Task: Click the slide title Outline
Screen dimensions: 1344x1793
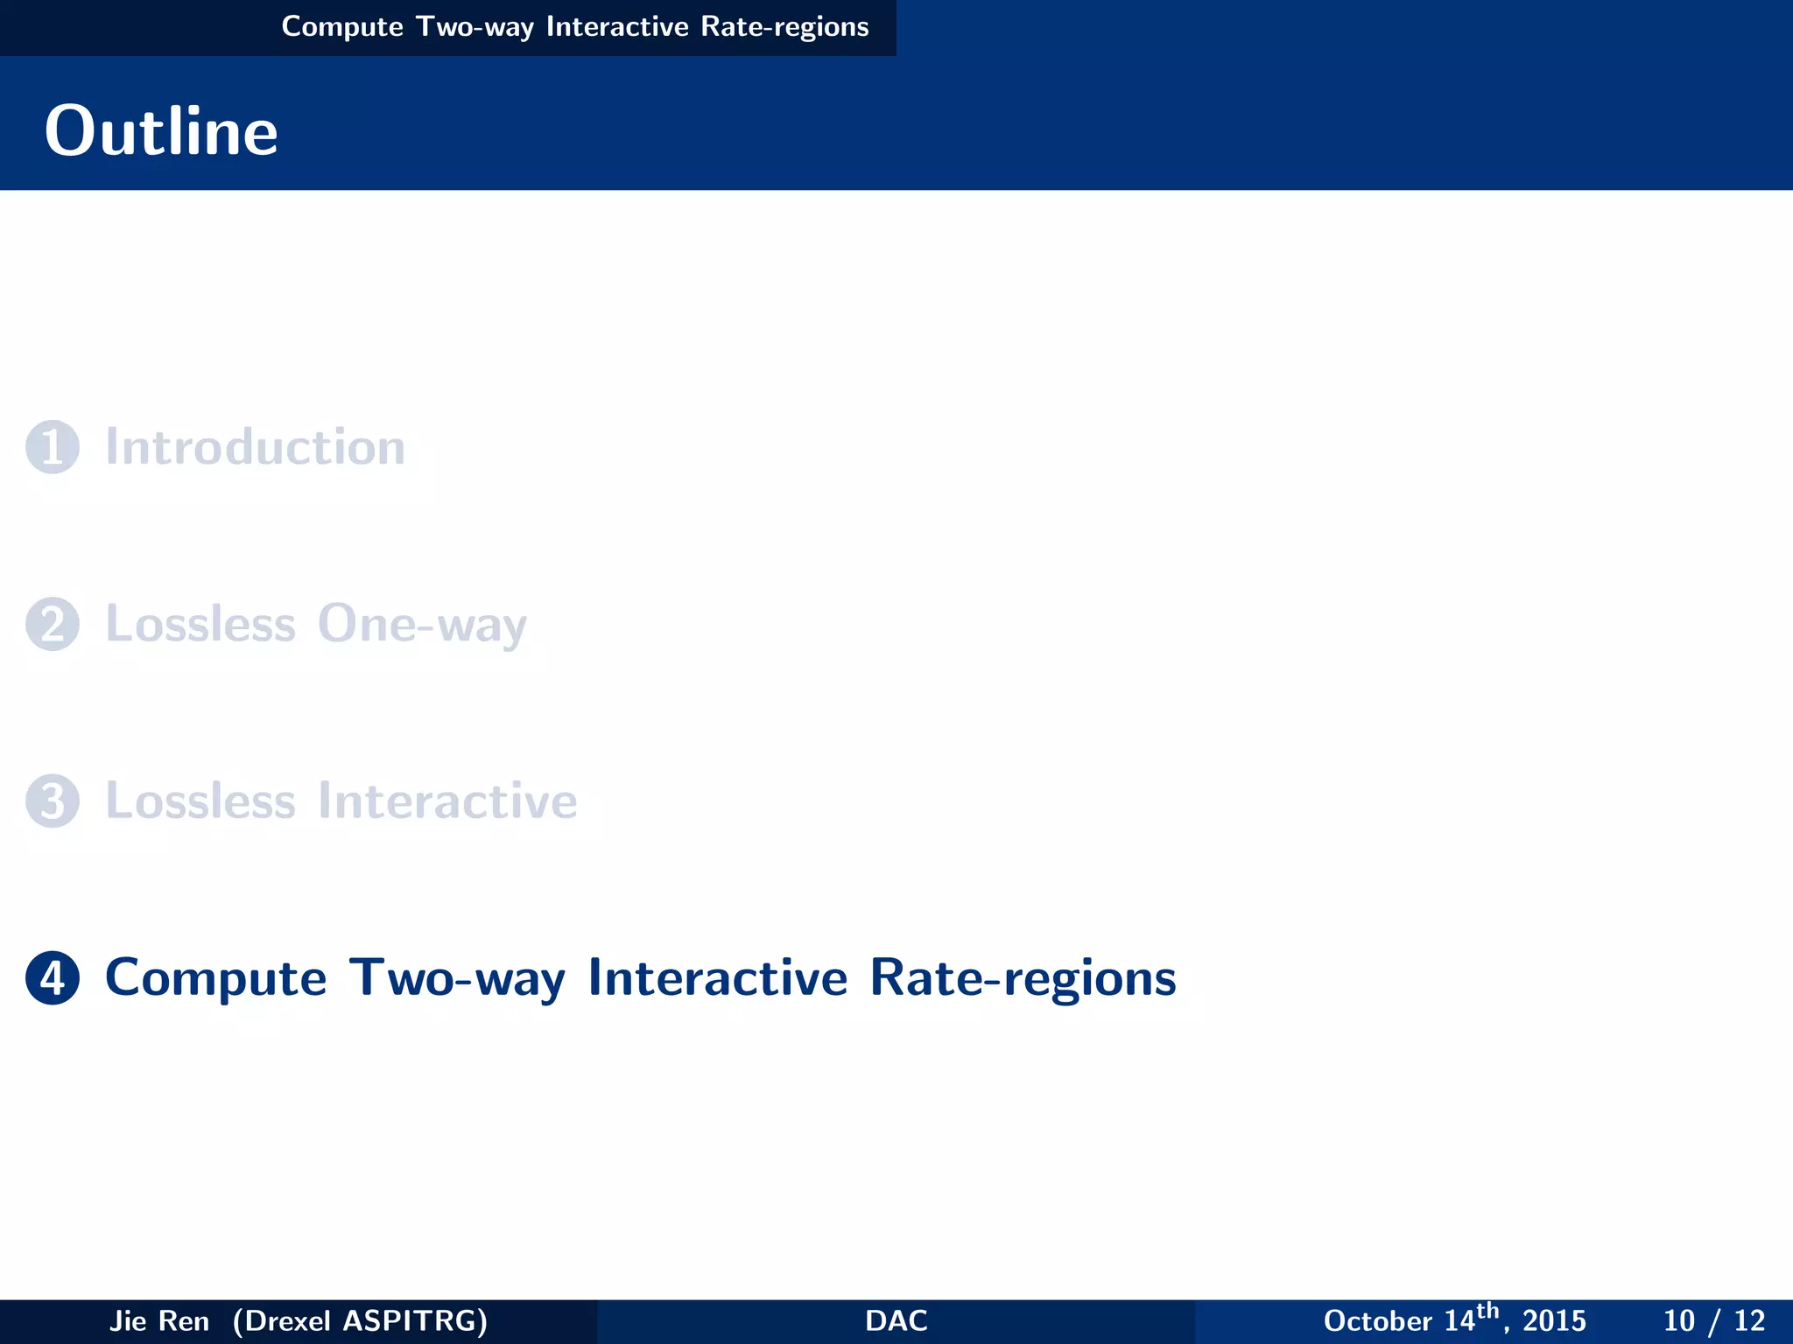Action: (161, 131)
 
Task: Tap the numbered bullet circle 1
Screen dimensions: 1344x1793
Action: (53, 447)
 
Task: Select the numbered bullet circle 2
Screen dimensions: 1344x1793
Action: (53, 624)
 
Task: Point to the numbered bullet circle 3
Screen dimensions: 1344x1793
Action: (53, 801)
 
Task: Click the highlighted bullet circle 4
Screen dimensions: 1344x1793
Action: (53, 977)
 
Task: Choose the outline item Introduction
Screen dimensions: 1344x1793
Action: (255, 447)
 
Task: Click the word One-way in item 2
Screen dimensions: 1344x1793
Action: (422, 625)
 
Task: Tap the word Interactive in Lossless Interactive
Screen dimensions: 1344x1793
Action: (446, 801)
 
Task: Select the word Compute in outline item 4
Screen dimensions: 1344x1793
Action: (215, 977)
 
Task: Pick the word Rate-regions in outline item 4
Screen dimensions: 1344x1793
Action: (1023, 977)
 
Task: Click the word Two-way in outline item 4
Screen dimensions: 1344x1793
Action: (457, 977)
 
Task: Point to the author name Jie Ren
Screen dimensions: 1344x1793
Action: (159, 1320)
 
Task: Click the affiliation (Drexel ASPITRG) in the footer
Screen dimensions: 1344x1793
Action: (360, 1320)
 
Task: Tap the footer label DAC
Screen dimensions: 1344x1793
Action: (896, 1320)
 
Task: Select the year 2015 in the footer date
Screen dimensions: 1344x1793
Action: (1554, 1320)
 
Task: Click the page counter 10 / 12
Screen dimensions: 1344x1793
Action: (1713, 1320)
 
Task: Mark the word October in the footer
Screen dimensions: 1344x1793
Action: (1377, 1320)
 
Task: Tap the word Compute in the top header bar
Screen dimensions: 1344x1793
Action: (342, 27)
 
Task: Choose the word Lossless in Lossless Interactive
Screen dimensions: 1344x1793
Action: (200, 801)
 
